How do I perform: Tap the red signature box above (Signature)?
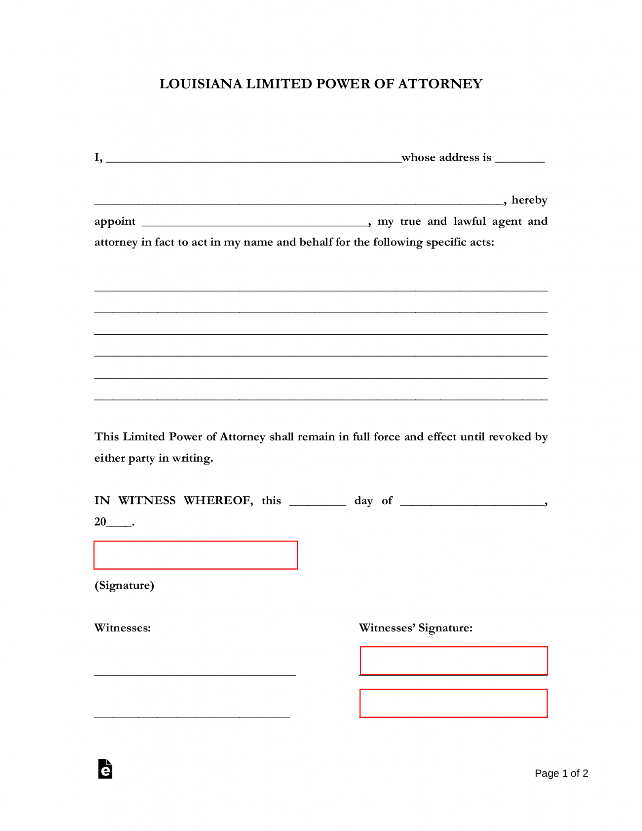pos(195,555)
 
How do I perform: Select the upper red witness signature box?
pos(453,660)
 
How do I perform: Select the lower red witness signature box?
pos(453,703)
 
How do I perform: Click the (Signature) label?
pos(124,585)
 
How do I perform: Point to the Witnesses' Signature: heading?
pos(416,628)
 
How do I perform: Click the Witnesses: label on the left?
pos(122,628)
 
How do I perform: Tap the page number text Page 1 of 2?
pos(561,773)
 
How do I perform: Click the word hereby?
pos(529,200)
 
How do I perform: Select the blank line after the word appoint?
pos(255,223)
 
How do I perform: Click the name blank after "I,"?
pos(253,160)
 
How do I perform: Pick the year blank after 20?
pos(119,524)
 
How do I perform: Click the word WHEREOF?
pos(218,500)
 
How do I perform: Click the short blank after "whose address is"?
pos(520,160)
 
